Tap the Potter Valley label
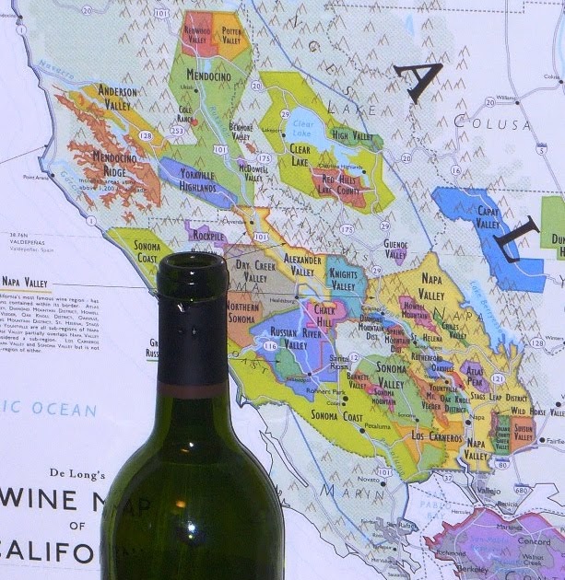point(231,36)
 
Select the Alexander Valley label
point(301,262)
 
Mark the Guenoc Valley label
point(395,249)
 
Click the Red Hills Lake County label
point(339,184)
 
